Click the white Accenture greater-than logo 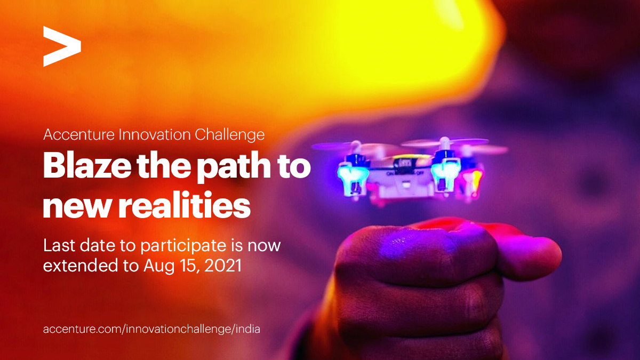[x=62, y=46]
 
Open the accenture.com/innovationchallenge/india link [x=151, y=329]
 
